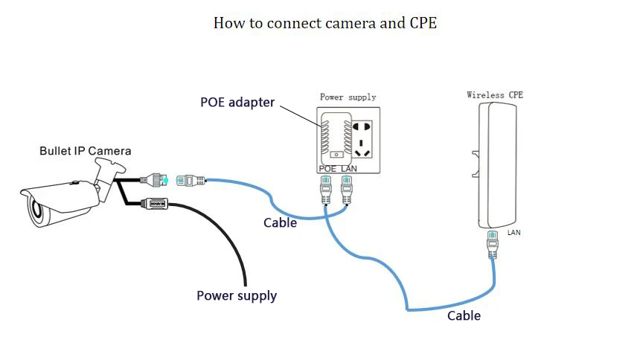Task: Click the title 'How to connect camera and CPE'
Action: coord(324,23)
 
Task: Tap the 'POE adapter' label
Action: coord(237,102)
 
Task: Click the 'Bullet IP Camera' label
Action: coord(85,151)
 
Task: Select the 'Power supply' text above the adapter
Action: coord(348,97)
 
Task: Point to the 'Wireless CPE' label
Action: coord(495,94)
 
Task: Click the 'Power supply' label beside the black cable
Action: coord(237,295)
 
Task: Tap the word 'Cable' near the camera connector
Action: coord(281,222)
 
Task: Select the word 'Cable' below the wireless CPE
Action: coord(464,315)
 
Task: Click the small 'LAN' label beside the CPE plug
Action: coord(514,233)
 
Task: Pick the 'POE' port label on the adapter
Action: coord(327,169)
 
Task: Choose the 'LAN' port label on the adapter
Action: coord(350,169)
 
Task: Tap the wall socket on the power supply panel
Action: coord(362,138)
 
